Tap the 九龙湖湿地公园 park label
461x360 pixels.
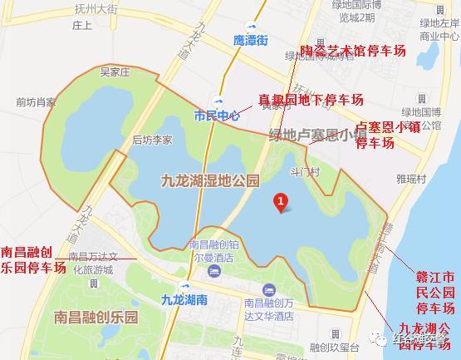click(208, 179)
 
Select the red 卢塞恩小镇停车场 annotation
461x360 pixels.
click(387, 136)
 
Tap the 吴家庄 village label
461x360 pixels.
click(116, 72)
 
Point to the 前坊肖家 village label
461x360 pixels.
click(36, 102)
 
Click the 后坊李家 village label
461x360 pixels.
click(152, 141)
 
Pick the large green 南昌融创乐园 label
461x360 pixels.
click(95, 318)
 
